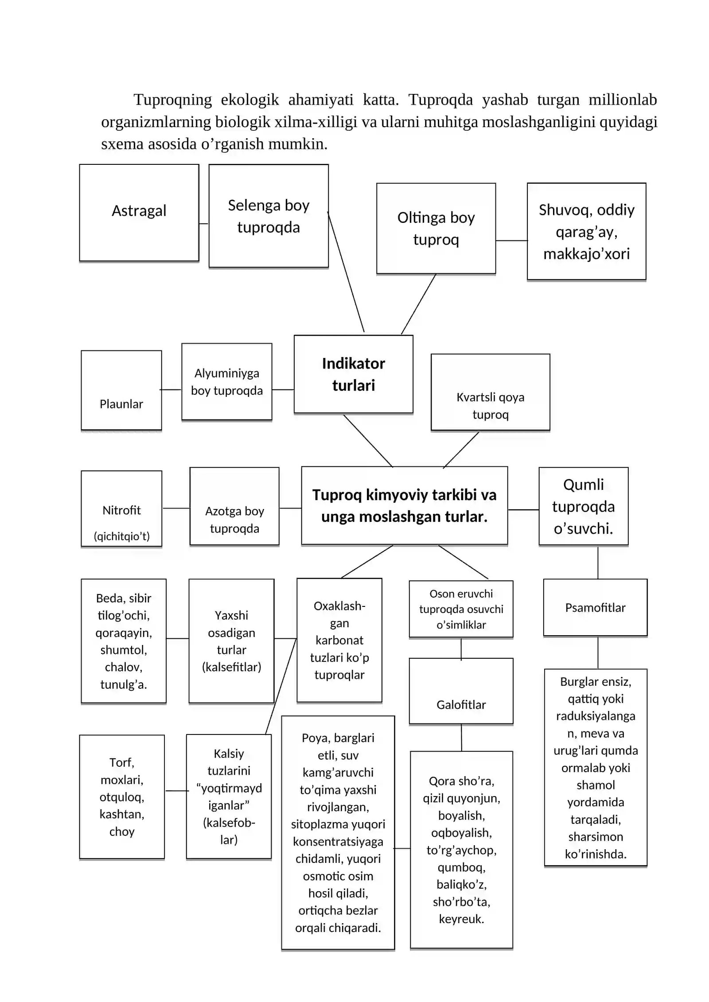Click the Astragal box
[x=139, y=213]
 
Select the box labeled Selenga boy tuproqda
[x=269, y=216]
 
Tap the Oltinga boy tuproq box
[x=436, y=229]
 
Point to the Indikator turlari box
[x=354, y=374]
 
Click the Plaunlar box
[x=121, y=390]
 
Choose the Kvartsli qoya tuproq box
[x=491, y=392]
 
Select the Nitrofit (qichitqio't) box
[x=121, y=509]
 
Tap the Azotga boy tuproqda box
[x=234, y=506]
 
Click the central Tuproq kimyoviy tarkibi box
[x=405, y=505]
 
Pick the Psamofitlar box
[x=596, y=607]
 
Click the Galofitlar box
[x=461, y=691]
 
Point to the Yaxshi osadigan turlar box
[x=232, y=641]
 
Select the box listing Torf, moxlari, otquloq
[x=122, y=797]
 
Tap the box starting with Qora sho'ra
[x=462, y=850]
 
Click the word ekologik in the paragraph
[x=250, y=100]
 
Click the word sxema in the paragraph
[x=122, y=144]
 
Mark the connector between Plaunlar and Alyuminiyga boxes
[x=171, y=390]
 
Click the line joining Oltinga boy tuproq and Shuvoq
[x=512, y=241]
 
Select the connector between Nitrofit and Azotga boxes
[x=176, y=508]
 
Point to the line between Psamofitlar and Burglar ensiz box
[x=598, y=652]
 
